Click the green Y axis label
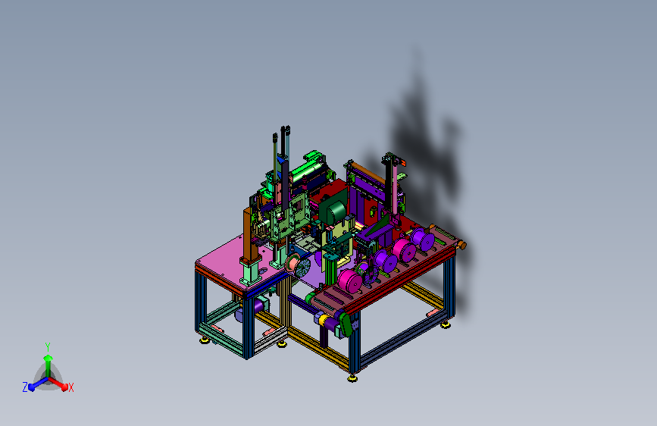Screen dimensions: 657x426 coord(48,346)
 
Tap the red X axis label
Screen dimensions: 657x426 coord(70,387)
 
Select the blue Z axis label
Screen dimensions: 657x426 coord(25,387)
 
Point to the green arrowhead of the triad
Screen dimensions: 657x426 coord(48,358)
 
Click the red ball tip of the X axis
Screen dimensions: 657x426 coord(64,387)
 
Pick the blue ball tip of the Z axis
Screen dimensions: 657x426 coord(31,387)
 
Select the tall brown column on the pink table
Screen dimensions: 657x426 coord(250,234)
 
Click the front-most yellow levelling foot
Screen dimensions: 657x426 coord(352,378)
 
